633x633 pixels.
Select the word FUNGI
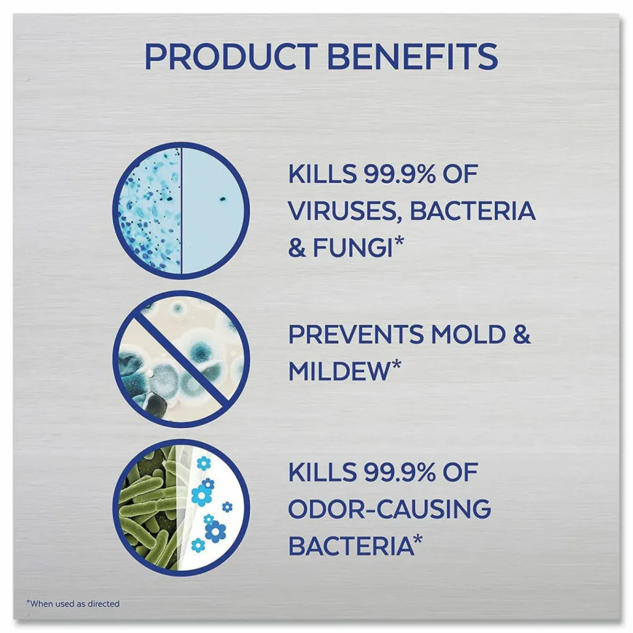(x=352, y=247)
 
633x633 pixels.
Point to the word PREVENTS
(x=356, y=335)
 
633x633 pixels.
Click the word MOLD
(x=469, y=335)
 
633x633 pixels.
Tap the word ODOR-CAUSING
(x=389, y=508)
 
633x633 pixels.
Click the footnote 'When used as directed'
(x=73, y=604)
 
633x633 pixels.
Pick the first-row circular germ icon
(x=181, y=210)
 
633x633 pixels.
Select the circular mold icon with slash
(x=181, y=359)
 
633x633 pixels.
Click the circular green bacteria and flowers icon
(x=181, y=508)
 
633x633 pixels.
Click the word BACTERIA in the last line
(x=351, y=545)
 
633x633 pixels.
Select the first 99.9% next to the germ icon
(x=400, y=174)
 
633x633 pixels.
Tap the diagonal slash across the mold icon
(x=181, y=359)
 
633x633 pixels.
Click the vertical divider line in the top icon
(x=181, y=210)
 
